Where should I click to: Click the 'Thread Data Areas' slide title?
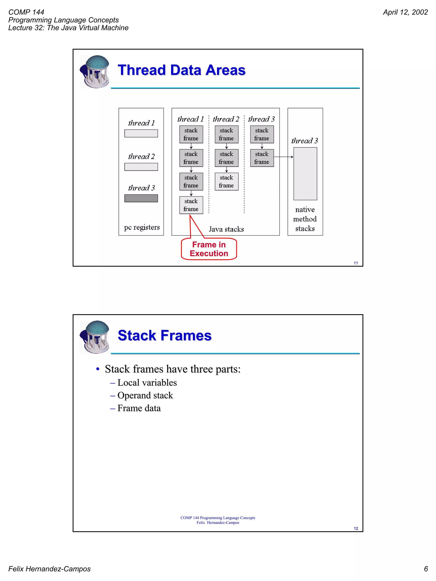coord(181,70)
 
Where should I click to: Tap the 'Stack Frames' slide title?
coord(165,335)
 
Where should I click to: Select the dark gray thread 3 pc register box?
coord(141,198)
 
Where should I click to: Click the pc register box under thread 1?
coord(141,133)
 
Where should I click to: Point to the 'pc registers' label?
coord(142,227)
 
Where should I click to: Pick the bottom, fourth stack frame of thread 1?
coord(191,205)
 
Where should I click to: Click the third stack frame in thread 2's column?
coord(227,181)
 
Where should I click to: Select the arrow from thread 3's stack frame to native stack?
coord(283,157)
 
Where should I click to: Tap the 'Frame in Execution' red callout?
coord(209,249)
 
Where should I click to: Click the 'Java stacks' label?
coord(226,229)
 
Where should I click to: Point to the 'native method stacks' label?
coord(305,219)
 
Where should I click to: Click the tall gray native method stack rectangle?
coord(305,174)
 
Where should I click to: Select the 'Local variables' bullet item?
coord(147,383)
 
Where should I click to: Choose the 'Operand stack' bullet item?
coord(145,395)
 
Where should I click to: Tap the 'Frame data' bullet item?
coord(139,408)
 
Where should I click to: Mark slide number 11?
coord(356,263)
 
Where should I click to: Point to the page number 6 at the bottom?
coord(426,569)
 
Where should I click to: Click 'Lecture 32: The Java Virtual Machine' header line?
coord(68,28)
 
